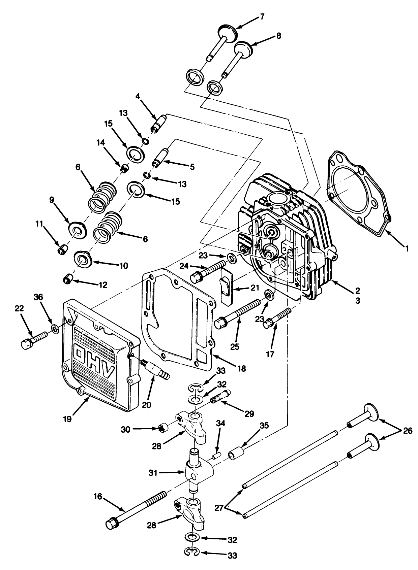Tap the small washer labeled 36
click(x=54, y=328)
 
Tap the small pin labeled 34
click(x=216, y=456)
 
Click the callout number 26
click(x=408, y=431)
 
